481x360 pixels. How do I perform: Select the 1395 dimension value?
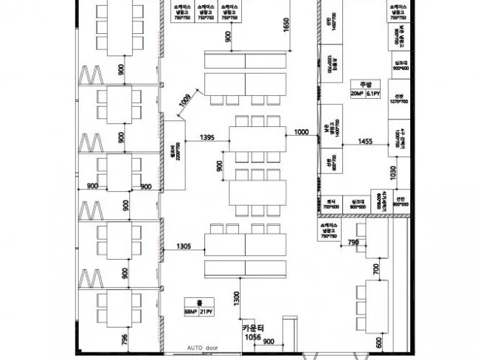click(207, 137)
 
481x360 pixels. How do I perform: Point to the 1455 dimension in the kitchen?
click(365, 140)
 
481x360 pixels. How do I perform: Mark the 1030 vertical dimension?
click(393, 173)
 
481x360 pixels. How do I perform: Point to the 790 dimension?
click(353, 242)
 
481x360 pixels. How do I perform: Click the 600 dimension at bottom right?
click(379, 341)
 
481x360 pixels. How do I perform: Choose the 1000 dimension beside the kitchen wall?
click(300, 132)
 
